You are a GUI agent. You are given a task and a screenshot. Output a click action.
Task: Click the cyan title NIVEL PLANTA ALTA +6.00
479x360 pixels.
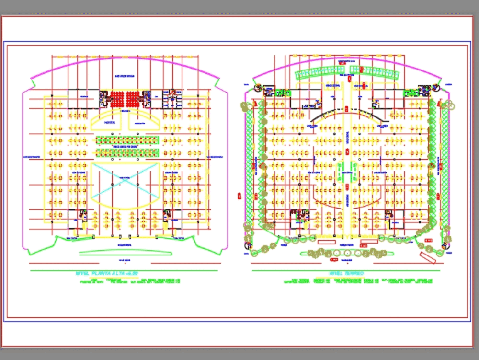click(x=106, y=273)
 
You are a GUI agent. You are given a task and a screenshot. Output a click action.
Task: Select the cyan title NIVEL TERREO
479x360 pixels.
click(x=346, y=273)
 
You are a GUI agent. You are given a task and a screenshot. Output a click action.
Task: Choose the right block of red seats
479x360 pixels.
click(x=137, y=99)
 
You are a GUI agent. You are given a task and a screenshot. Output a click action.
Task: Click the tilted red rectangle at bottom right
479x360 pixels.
click(x=427, y=258)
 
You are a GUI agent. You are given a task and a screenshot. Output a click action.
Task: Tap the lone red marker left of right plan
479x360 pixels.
click(x=238, y=196)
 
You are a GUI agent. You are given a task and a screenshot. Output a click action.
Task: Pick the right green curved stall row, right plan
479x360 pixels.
click(x=375, y=72)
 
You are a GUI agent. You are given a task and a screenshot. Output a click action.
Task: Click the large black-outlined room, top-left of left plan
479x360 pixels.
click(x=82, y=98)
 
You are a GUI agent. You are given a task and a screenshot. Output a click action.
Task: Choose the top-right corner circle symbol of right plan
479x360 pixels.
click(x=436, y=88)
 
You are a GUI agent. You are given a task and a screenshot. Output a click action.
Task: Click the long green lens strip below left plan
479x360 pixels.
click(x=125, y=252)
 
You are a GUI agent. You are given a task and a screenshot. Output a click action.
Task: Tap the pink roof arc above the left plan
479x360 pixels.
click(x=125, y=62)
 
